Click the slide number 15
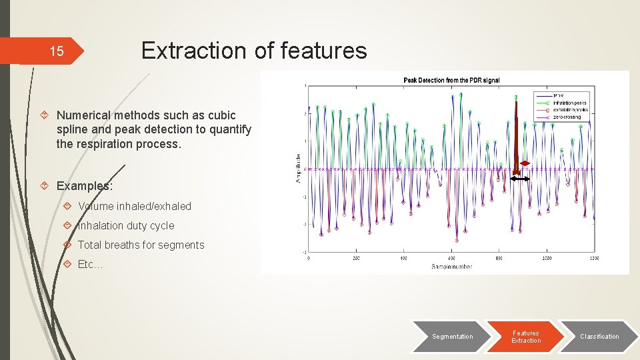click(x=57, y=51)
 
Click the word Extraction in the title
click(x=193, y=50)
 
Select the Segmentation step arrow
click(x=452, y=337)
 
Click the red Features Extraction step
click(x=525, y=337)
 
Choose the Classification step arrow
click(x=599, y=337)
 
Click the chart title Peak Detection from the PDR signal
click(x=451, y=80)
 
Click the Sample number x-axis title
click(x=451, y=267)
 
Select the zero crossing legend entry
click(x=567, y=117)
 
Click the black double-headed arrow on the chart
click(x=520, y=179)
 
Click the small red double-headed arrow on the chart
click(x=525, y=163)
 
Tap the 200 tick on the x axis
click(x=355, y=258)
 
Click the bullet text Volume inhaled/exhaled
click(x=135, y=207)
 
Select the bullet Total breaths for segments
click(x=141, y=245)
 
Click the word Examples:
click(x=85, y=186)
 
